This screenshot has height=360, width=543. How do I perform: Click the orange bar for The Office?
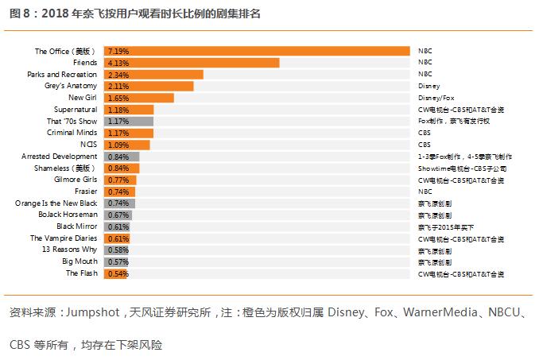point(257,51)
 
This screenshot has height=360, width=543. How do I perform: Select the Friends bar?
point(192,62)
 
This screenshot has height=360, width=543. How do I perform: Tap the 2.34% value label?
point(118,74)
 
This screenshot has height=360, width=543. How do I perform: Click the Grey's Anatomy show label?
point(71,86)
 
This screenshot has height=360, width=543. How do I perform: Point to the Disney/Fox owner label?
point(434,98)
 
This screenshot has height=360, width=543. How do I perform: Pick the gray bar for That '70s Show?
point(129,121)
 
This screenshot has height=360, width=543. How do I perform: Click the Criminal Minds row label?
point(72,133)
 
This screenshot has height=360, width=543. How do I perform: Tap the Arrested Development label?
point(60,157)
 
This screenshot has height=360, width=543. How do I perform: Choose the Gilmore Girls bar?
point(120,180)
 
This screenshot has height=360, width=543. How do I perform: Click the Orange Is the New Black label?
point(56,203)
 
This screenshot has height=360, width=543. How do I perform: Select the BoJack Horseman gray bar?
point(118,215)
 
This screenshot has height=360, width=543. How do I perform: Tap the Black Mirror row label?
point(77,226)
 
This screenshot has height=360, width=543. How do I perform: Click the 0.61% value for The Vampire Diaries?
point(118,238)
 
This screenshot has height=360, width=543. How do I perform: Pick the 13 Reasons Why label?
point(70,250)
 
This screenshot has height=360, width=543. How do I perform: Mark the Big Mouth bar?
point(117,261)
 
